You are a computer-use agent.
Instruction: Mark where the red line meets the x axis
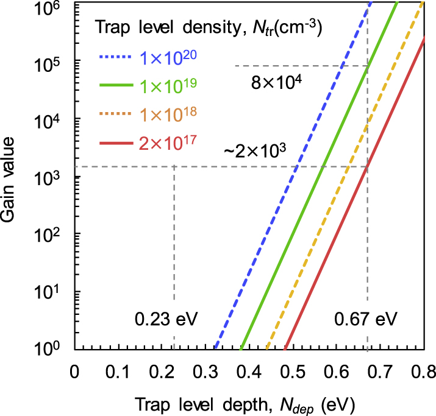point(285,350)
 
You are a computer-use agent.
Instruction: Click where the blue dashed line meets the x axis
point(215,350)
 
